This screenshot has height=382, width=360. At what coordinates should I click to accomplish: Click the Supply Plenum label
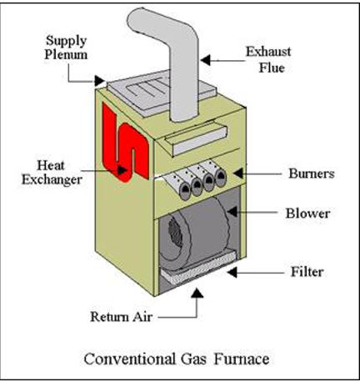coord(66,48)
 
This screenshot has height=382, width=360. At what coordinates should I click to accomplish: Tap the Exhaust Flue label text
coord(268,59)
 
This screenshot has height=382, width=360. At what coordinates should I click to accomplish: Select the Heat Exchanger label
coord(52,173)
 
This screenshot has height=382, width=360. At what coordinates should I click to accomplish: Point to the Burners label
coord(312,173)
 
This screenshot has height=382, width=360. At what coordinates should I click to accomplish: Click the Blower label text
coord(308,214)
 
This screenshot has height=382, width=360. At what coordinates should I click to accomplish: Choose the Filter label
coord(307,272)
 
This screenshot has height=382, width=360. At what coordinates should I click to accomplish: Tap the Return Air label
coord(122,317)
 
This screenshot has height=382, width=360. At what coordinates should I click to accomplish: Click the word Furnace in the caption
coord(242,359)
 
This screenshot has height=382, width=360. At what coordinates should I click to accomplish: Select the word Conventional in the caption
coord(130,359)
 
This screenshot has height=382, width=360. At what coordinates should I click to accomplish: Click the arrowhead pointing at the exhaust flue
coord(205,60)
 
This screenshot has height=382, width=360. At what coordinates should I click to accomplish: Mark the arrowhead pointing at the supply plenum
coord(99,81)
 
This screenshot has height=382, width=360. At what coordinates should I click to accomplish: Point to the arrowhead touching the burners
coord(238,173)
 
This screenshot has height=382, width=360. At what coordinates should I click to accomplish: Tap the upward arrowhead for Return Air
coord(197,293)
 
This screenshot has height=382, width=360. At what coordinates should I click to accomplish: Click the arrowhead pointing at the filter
coord(232,272)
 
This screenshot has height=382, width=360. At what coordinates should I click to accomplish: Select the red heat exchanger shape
coord(125,143)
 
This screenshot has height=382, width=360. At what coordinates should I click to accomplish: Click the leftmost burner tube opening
coord(185,193)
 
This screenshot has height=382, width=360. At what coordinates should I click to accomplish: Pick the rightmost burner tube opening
coord(221,178)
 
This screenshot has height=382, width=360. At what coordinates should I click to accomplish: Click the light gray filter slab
coord(199,268)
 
